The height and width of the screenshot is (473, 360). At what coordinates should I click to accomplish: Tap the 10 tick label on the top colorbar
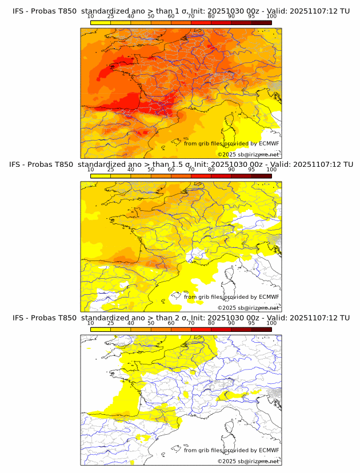(x=91, y=17)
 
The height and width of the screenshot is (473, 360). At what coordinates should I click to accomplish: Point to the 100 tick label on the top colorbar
(x=271, y=17)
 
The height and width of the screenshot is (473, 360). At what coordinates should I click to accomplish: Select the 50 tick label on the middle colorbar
(x=151, y=170)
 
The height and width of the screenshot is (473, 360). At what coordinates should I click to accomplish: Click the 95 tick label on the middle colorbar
(x=251, y=170)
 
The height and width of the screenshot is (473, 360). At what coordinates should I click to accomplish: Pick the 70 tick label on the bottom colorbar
(x=191, y=323)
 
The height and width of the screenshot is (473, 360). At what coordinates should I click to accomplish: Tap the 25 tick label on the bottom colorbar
(x=111, y=323)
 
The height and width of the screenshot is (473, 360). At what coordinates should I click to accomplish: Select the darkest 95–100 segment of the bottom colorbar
(x=261, y=329)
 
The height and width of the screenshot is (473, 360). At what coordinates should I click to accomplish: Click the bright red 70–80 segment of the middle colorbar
(x=201, y=176)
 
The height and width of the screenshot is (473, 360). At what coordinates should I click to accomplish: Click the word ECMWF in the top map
(x=269, y=144)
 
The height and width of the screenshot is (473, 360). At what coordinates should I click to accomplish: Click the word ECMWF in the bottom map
(x=269, y=450)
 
